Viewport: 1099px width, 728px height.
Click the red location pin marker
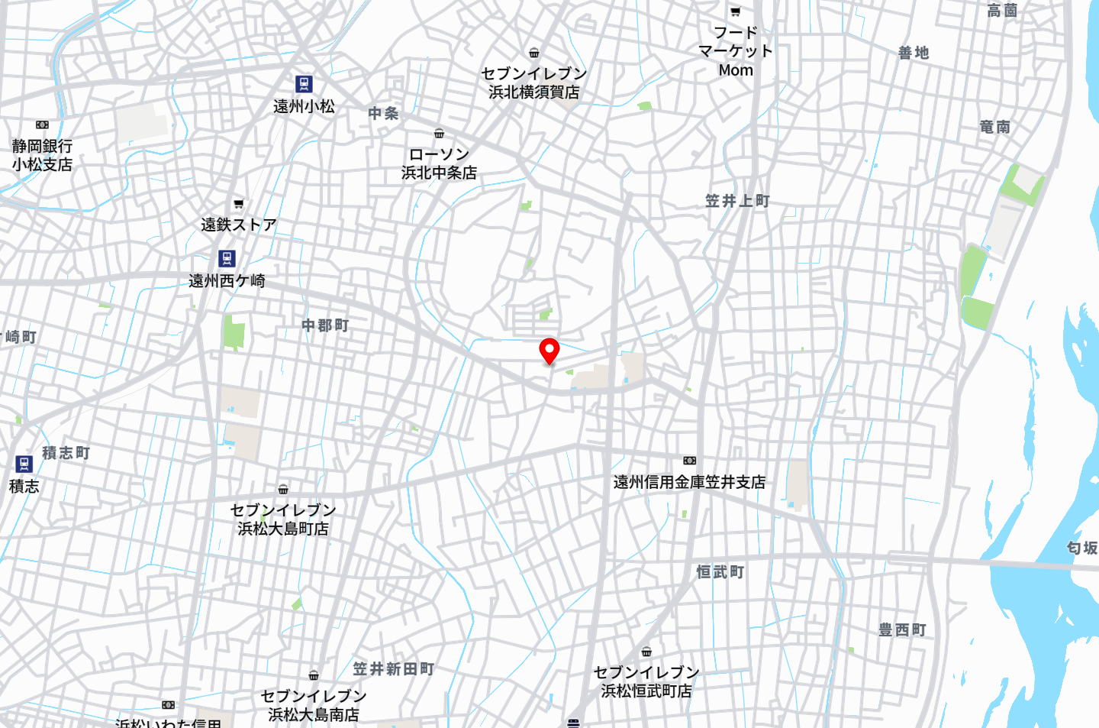[549, 351]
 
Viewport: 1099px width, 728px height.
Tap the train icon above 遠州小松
[304, 84]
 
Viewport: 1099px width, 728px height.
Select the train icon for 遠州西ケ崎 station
[227, 258]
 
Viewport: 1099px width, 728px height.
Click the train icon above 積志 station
[24, 464]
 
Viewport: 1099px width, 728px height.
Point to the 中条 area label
[383, 114]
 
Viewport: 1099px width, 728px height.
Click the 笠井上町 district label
[737, 201]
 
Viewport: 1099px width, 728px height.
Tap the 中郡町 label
[325, 325]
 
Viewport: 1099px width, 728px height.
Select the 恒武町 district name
[720, 571]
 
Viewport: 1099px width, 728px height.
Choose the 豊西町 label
[902, 629]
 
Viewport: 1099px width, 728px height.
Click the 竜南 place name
[994, 127]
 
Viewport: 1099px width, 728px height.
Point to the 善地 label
[914, 53]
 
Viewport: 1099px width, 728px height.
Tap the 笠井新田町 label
[393, 669]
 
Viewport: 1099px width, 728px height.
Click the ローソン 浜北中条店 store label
[439, 163]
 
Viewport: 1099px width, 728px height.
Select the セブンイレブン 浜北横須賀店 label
[533, 83]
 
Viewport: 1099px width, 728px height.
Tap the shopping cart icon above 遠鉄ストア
[238, 204]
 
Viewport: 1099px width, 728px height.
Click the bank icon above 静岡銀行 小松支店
[42, 125]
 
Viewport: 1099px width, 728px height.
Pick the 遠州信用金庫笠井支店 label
[689, 482]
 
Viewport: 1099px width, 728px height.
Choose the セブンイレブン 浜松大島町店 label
[283, 519]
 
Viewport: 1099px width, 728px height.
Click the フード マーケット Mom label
[736, 51]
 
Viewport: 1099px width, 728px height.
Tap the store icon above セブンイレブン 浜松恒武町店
[646, 652]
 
